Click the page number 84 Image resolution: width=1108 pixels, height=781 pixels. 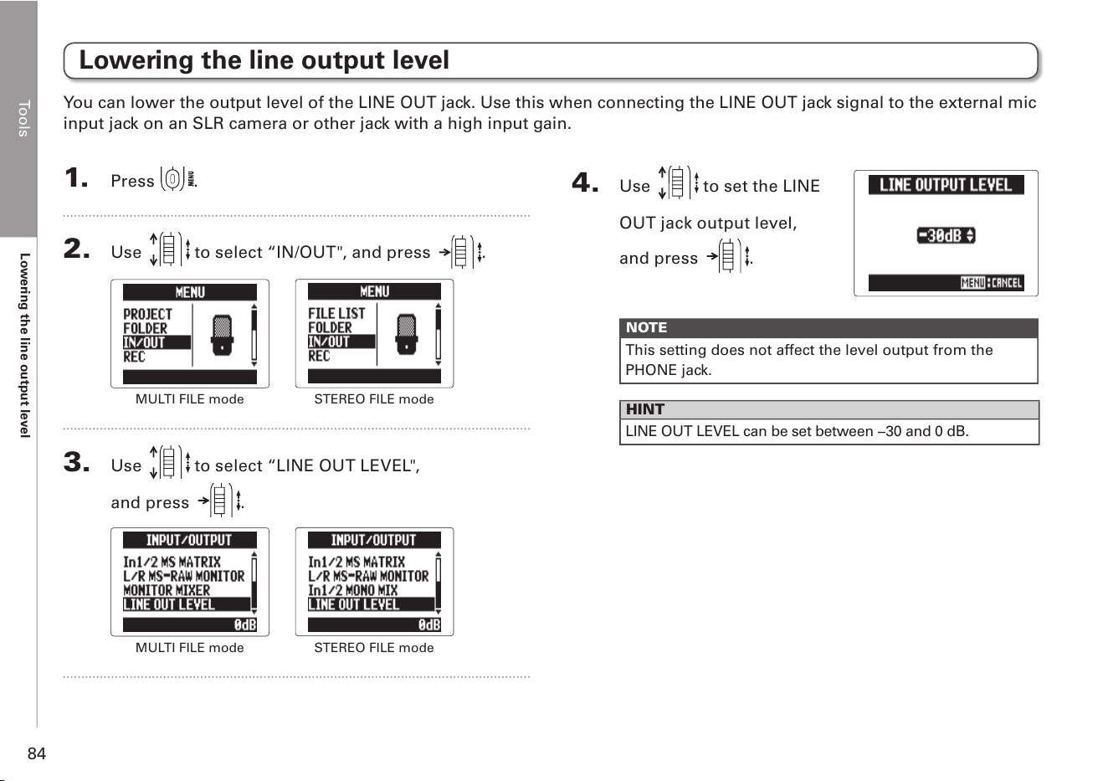tap(37, 753)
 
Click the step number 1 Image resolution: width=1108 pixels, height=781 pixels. tap(76, 177)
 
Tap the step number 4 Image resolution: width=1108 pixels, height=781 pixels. tap(585, 182)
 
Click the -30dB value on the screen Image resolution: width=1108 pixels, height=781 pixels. tap(946, 235)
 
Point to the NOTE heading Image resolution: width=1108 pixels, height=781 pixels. tap(647, 327)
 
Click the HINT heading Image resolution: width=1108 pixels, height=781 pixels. tap(645, 409)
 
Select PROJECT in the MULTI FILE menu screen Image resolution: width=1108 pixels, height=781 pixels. tap(147, 314)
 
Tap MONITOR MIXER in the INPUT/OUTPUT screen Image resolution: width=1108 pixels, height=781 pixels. tap(167, 590)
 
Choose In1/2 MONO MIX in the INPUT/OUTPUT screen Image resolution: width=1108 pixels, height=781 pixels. tap(352, 590)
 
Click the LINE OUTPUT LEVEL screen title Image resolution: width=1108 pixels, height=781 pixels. tap(946, 185)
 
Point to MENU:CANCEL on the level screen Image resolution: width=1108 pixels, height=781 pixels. tap(992, 283)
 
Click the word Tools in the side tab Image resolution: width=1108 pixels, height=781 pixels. tap(23, 119)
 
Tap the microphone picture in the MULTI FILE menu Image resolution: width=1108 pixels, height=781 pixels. tap(222, 335)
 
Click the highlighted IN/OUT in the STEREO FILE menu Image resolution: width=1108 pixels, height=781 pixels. tap(329, 342)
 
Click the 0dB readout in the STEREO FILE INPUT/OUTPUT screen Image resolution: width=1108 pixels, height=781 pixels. tap(429, 624)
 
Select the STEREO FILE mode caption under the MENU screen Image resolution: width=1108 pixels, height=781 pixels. tap(374, 399)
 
